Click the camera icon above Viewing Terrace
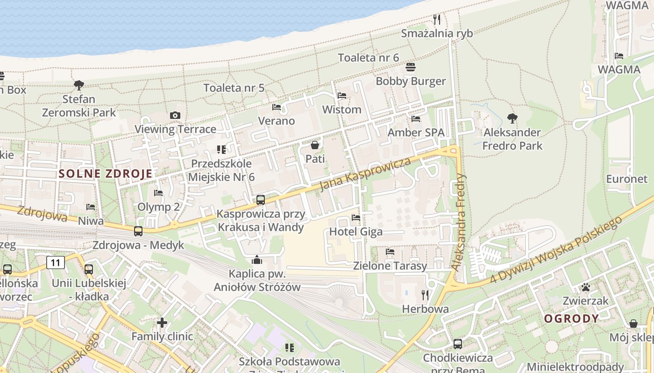click(x=175, y=115)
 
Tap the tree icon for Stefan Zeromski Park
click(x=79, y=85)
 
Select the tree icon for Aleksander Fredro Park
click(x=512, y=118)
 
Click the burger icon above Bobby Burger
click(x=411, y=67)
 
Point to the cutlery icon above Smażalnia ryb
click(x=437, y=19)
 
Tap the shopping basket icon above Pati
click(x=315, y=145)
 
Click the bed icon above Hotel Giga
click(x=356, y=217)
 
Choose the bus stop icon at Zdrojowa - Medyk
click(x=138, y=231)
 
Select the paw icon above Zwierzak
click(x=586, y=287)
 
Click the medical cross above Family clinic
click(x=162, y=322)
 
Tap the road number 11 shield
click(x=56, y=262)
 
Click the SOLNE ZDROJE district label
click(x=106, y=174)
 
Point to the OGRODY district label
click(x=571, y=318)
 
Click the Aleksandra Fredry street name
click(x=460, y=223)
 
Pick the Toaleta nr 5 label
click(x=234, y=88)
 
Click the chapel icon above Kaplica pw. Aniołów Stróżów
click(x=257, y=260)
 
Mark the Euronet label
click(x=627, y=179)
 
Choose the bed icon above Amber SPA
click(x=416, y=118)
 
